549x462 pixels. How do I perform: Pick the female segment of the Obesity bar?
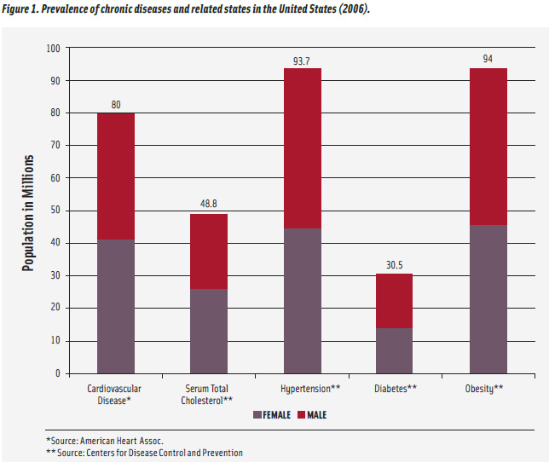[x=487, y=298]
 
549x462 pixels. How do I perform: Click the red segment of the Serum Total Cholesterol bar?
[x=208, y=251]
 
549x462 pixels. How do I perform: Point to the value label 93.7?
[x=303, y=60]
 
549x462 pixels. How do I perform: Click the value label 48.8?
[x=208, y=205]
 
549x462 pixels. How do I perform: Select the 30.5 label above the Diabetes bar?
[x=394, y=264]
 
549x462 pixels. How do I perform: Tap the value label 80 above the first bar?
[x=115, y=105]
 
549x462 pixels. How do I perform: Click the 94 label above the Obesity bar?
[x=487, y=59]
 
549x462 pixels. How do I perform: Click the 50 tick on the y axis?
[x=55, y=211]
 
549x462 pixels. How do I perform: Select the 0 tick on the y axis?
[x=58, y=372]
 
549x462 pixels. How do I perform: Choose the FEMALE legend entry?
[x=272, y=415]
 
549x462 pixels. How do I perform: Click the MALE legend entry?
[x=310, y=415]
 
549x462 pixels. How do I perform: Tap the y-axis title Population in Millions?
[x=28, y=213]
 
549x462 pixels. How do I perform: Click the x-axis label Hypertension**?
[x=303, y=388]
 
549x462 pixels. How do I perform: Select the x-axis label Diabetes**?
[x=395, y=388]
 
